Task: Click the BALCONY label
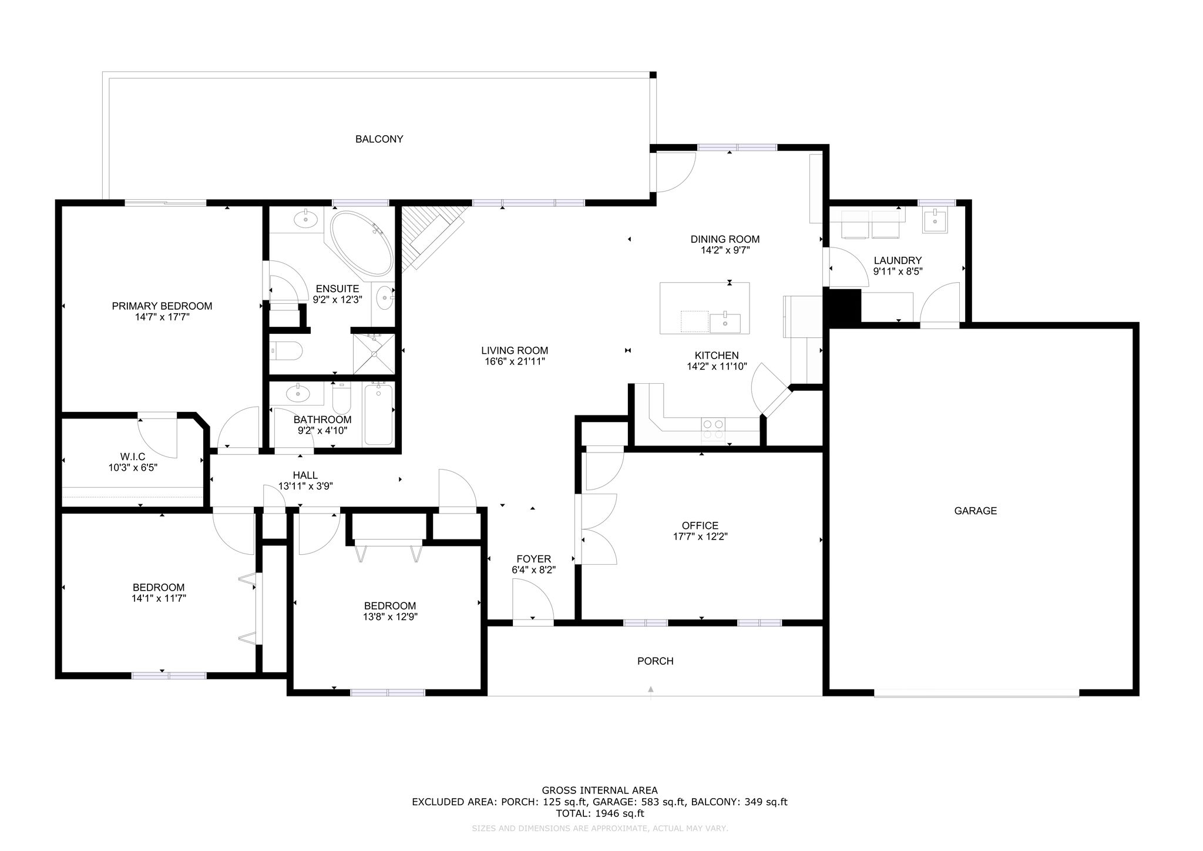379,139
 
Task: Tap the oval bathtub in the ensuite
361,243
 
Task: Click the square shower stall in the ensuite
373,353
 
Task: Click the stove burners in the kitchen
713,429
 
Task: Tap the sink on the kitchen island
725,323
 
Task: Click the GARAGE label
975,511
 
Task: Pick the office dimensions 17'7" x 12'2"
700,536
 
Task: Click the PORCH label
655,661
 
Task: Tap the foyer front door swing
532,599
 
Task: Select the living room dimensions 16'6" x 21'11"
514,361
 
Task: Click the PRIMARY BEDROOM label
162,306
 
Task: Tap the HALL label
305,475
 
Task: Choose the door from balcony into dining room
676,172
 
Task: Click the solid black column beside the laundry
844,306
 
